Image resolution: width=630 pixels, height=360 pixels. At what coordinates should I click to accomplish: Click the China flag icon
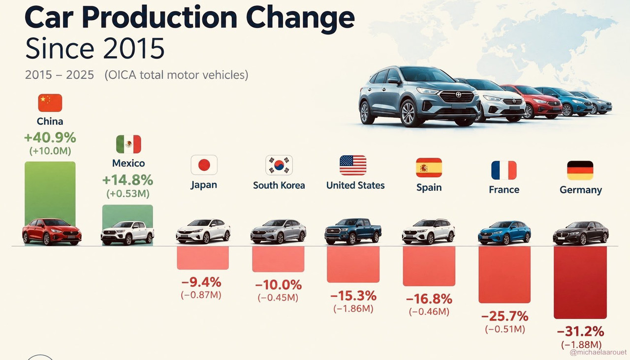pos(50,103)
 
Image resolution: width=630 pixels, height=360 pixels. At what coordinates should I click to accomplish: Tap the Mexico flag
pos(128,144)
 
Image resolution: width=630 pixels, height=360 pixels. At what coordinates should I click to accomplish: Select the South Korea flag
pos(279,165)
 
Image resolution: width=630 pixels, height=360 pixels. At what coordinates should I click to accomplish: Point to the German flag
pos(580,170)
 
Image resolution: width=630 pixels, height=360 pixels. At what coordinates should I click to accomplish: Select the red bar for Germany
pos(580,282)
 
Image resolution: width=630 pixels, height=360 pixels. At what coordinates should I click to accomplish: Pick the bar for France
pos(504,274)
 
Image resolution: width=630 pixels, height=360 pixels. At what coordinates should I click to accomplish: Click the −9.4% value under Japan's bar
pos(201,282)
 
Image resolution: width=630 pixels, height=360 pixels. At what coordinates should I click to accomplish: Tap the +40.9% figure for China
pos(50,138)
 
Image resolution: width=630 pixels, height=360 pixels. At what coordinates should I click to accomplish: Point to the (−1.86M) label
pos(353,309)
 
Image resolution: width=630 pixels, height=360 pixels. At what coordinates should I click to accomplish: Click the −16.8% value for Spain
pos(429,299)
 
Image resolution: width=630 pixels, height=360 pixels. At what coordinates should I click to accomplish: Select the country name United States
pos(355,185)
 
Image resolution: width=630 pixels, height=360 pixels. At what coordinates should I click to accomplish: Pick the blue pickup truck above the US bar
pos(353,231)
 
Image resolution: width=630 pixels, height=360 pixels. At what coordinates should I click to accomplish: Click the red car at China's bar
pos(52,232)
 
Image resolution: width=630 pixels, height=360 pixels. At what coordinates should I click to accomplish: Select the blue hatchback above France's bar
pos(504,233)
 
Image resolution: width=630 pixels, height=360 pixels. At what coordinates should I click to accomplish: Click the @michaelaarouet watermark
pos(598,352)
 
